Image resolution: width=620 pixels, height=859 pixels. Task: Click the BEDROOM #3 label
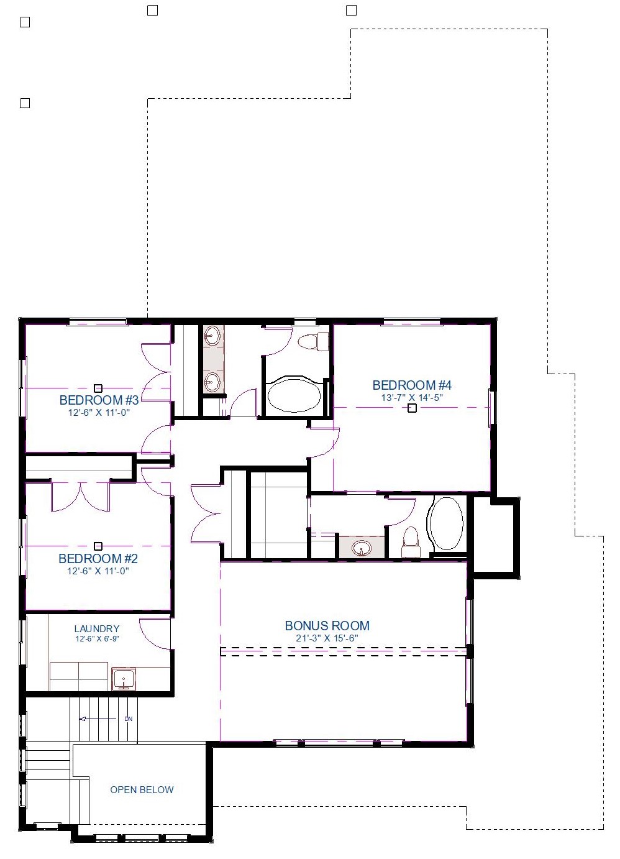[x=99, y=400]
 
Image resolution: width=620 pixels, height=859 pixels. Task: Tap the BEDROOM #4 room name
[x=412, y=385]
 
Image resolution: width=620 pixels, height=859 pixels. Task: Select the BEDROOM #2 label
[x=98, y=558]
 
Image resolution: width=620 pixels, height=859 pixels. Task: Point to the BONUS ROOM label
[x=327, y=625]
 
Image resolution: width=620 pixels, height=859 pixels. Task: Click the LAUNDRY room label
[x=97, y=628]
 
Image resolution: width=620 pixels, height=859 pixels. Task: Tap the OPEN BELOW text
[x=142, y=789]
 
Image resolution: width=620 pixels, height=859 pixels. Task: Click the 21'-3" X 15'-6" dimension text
[x=327, y=638]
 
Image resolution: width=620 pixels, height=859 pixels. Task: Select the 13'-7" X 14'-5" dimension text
[x=412, y=398]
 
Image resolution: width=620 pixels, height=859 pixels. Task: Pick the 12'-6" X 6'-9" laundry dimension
[x=97, y=639]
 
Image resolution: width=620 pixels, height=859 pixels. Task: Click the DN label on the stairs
[x=129, y=719]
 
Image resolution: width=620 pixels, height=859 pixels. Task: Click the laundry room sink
[x=124, y=679]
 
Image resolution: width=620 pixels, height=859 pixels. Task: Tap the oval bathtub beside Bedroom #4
[x=294, y=396]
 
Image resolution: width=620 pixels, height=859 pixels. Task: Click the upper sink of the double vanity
[x=211, y=337]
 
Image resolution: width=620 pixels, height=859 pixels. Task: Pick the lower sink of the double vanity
[x=212, y=382]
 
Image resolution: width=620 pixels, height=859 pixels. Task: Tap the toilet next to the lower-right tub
[x=411, y=542]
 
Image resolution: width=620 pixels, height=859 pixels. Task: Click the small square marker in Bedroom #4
[x=412, y=408]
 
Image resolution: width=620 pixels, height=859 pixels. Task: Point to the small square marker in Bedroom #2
[x=98, y=546]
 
